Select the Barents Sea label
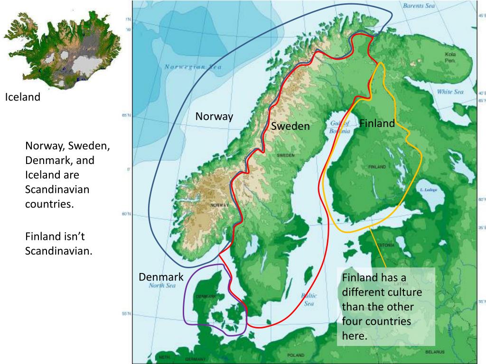(419, 6)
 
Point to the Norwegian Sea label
(193, 67)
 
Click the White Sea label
(450, 92)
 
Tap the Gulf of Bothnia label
(340, 127)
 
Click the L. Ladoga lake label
(428, 190)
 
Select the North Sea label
(162, 285)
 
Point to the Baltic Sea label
(308, 299)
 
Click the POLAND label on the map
(296, 355)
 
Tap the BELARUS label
(435, 352)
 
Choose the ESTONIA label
(385, 245)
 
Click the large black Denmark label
(160, 276)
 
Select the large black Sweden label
(290, 126)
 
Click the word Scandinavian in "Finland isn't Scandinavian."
(58, 250)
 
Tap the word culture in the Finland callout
(403, 291)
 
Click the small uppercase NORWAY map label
(220, 205)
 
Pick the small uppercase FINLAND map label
(377, 167)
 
